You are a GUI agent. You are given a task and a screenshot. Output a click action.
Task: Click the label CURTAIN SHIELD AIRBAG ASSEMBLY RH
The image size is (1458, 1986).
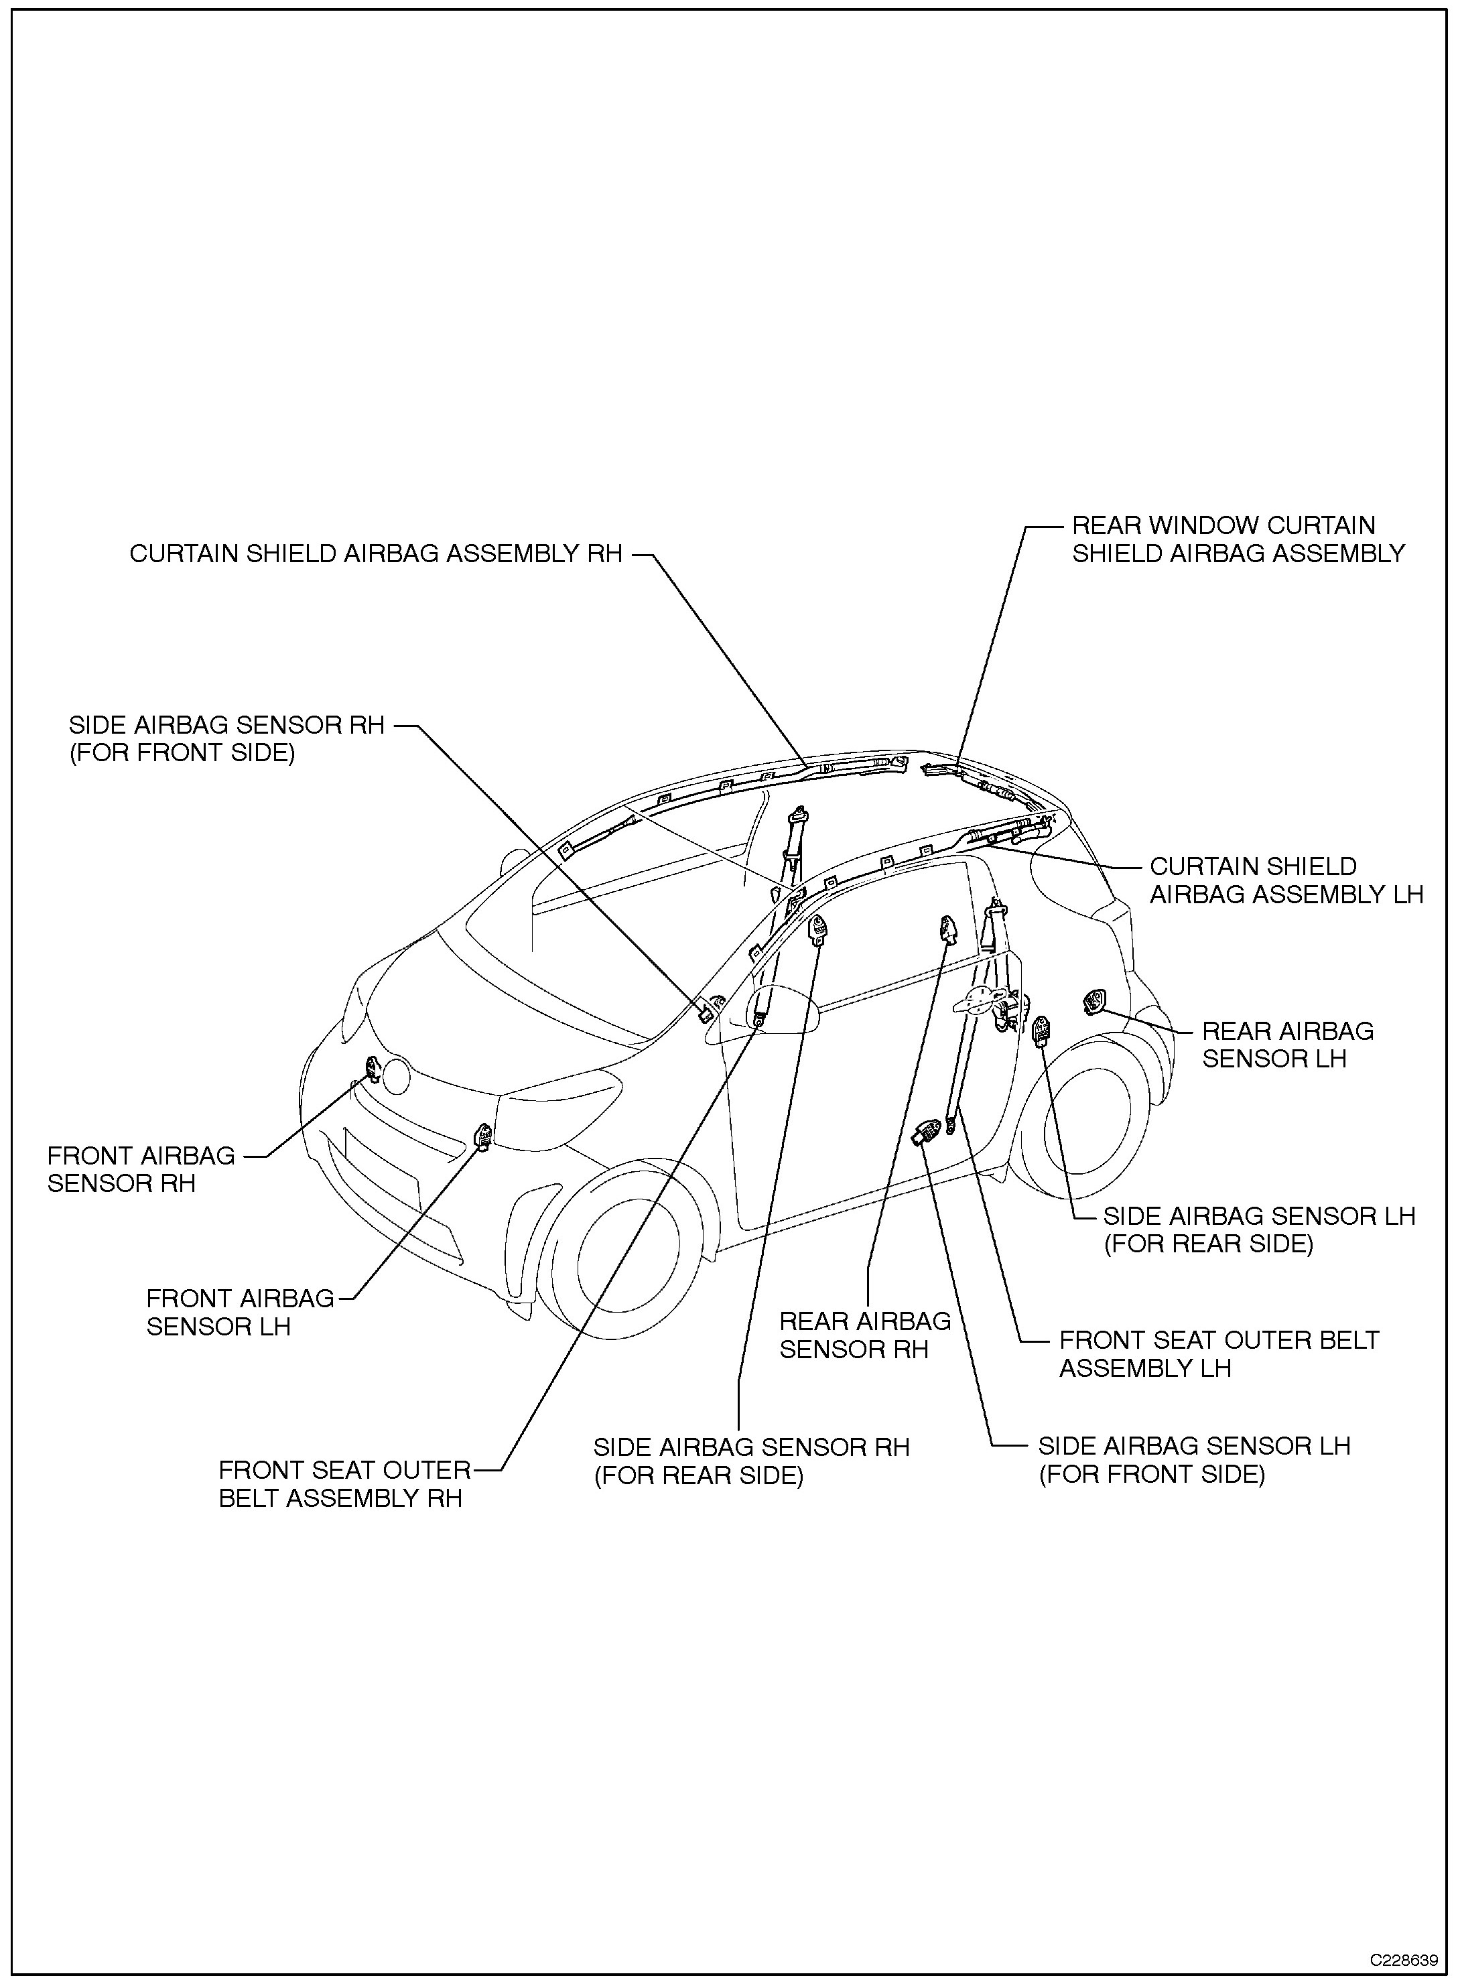click(376, 553)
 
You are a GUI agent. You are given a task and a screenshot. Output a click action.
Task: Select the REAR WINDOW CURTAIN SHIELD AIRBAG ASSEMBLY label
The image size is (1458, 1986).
click(1238, 539)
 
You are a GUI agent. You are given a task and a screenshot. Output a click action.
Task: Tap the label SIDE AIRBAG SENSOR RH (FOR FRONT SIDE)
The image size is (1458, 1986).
click(227, 739)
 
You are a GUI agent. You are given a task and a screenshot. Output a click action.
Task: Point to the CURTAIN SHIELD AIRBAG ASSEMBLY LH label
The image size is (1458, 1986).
click(1286, 880)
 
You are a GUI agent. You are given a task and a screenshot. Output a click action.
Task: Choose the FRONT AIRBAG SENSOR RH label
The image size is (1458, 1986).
click(141, 1169)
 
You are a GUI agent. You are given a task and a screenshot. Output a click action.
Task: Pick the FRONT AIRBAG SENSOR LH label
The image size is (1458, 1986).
click(240, 1313)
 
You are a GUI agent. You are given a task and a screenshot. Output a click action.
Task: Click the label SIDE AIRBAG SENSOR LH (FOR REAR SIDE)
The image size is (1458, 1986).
click(1258, 1230)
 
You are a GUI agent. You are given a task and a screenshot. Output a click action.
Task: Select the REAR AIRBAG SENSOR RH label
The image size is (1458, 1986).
click(865, 1335)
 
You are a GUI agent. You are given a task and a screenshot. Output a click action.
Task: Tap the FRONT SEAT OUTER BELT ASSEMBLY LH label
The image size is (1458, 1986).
click(1218, 1354)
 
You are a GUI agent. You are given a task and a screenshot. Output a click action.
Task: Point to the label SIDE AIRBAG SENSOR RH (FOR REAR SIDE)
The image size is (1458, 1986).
click(751, 1461)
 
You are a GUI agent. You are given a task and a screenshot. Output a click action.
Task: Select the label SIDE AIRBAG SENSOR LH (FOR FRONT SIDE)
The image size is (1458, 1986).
click(1193, 1460)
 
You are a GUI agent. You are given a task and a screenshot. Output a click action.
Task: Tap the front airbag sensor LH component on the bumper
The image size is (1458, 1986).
click(484, 1137)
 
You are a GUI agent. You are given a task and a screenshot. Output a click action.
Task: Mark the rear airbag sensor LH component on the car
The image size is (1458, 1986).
click(1094, 1002)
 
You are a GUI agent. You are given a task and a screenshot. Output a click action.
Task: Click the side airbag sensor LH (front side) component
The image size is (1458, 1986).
click(927, 1131)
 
